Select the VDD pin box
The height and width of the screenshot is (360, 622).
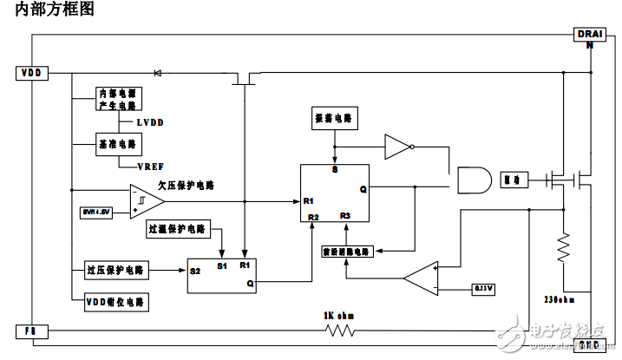[x=33, y=73]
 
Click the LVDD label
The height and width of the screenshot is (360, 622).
[x=149, y=123]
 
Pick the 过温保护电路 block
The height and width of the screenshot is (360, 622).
[x=177, y=230]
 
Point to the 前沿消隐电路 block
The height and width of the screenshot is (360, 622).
[x=346, y=252]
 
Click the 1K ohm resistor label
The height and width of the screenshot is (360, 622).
[x=335, y=315]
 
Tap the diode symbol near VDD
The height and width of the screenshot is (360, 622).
[x=157, y=73]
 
